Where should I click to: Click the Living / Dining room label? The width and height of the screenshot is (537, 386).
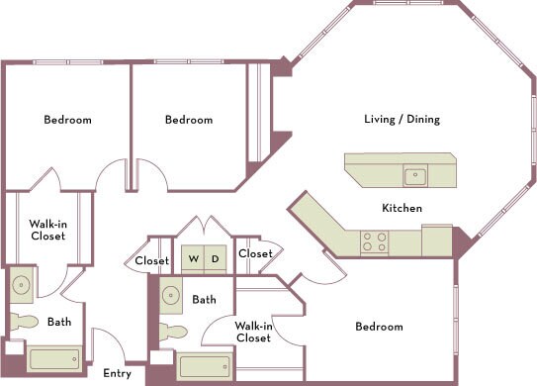(403, 120)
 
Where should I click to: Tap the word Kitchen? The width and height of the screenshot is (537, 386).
(403, 208)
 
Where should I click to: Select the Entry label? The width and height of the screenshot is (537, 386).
(117, 374)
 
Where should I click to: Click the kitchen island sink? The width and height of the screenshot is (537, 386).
(415, 175)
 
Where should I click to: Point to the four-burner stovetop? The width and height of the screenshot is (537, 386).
(375, 242)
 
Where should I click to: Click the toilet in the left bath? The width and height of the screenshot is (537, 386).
(24, 322)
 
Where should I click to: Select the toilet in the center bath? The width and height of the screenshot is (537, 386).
(173, 333)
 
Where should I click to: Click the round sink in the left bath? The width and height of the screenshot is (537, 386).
(21, 285)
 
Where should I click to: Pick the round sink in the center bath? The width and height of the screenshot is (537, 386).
(171, 295)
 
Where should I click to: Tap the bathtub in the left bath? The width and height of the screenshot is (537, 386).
(54, 359)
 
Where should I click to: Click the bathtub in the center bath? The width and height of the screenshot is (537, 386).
(205, 367)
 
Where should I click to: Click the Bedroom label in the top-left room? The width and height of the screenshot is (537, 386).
(68, 120)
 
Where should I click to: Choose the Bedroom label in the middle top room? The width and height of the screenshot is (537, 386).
(189, 120)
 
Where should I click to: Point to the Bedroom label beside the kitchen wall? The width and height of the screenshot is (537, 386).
(379, 327)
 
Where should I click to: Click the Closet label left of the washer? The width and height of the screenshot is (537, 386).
(152, 261)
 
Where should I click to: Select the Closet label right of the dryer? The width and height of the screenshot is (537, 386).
(255, 253)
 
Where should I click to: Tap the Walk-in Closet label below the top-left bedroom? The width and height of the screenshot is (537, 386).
(47, 230)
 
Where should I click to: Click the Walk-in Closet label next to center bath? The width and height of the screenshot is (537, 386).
(253, 332)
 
